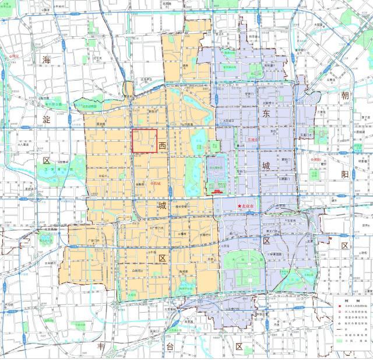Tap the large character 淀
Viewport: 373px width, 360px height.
tap(47, 118)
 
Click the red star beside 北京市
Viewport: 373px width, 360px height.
tap(239, 206)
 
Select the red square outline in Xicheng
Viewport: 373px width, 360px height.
tap(143, 141)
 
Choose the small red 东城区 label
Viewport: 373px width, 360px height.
tap(252, 140)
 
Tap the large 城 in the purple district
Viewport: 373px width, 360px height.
tap(266, 166)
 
